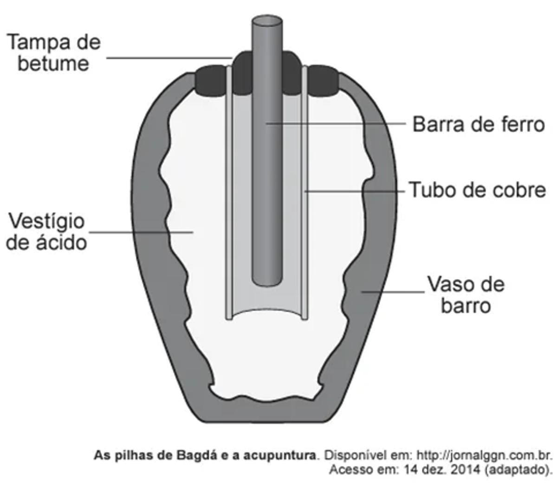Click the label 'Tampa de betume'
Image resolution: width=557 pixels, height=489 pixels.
point(53,52)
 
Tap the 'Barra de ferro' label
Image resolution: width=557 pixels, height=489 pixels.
point(478,124)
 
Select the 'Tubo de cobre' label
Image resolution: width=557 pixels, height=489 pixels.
point(477,190)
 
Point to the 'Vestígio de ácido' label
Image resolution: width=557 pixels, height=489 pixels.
point(46,231)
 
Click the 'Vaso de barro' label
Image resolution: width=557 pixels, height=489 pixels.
point(466,295)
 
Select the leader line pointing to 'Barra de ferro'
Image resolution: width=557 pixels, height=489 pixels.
point(339,124)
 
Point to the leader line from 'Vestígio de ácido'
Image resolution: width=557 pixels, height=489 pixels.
point(139,232)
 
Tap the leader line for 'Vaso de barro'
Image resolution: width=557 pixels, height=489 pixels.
point(392,292)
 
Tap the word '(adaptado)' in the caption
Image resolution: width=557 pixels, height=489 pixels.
point(518,469)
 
